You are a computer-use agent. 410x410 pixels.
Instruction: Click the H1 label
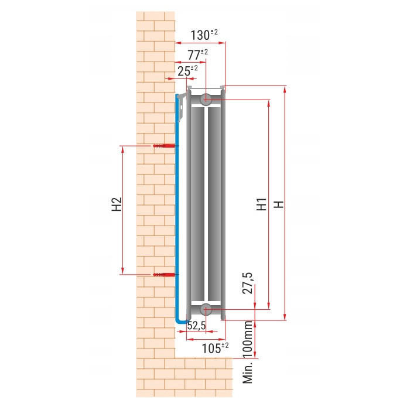[261, 204]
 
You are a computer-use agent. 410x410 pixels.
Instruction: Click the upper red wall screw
[164, 145]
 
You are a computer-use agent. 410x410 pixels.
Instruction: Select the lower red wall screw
[164, 274]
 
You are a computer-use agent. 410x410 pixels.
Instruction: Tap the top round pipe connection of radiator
[206, 100]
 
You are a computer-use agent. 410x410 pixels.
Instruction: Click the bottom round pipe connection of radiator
[206, 309]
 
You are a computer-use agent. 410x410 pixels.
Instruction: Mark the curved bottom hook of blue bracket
[181, 320]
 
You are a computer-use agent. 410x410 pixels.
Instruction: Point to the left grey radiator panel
[197, 204]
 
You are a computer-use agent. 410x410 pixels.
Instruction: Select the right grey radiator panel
[214, 204]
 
